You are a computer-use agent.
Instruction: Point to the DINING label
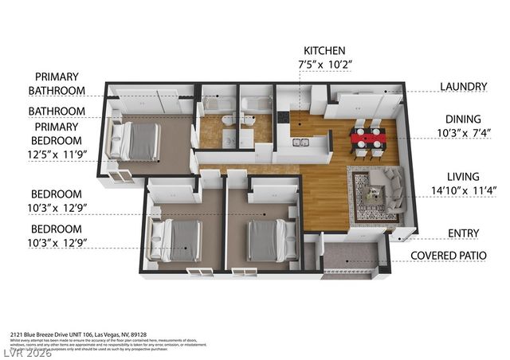(x=463, y=118)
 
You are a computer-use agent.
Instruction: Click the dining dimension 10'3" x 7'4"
(x=463, y=133)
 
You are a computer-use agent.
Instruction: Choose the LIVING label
(x=463, y=176)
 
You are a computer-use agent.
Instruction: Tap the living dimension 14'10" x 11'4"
(x=463, y=191)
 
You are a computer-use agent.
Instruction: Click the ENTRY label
(x=463, y=233)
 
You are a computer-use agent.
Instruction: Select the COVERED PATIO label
(x=456, y=256)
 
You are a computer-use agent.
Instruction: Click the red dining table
(x=367, y=138)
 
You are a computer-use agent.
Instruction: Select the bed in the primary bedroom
(x=137, y=142)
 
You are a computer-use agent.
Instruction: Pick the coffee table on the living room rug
(x=371, y=192)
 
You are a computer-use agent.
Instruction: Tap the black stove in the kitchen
(x=283, y=118)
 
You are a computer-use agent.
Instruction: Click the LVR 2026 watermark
(x=26, y=352)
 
